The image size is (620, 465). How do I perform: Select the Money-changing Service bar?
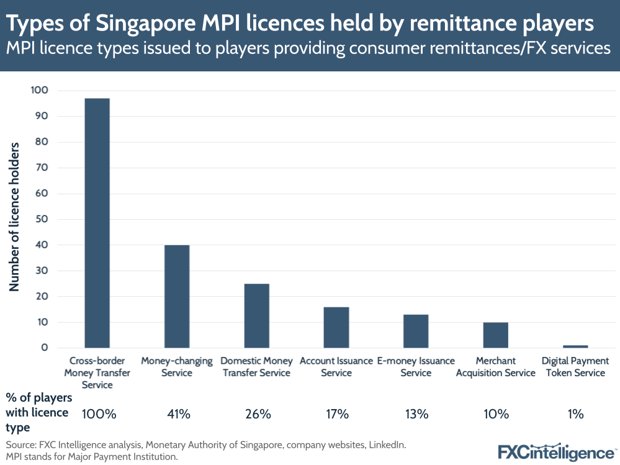pos(177,296)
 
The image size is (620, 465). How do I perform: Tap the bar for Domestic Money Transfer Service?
pos(256,315)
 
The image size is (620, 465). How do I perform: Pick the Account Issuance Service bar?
pos(336,327)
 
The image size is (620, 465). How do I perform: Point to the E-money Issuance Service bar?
pos(416,331)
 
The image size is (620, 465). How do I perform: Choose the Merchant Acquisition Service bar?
pos(495,335)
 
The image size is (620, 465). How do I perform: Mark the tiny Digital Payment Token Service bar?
pos(575,346)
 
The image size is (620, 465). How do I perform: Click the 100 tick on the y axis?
pos(40,91)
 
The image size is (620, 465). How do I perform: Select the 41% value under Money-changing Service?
pos(177,414)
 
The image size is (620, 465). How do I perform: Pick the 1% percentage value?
pos(575,414)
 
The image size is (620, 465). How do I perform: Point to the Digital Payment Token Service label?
pos(575,367)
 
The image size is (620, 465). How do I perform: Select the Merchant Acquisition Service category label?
pos(495,367)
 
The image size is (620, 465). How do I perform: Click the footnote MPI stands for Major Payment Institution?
pos(92,456)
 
